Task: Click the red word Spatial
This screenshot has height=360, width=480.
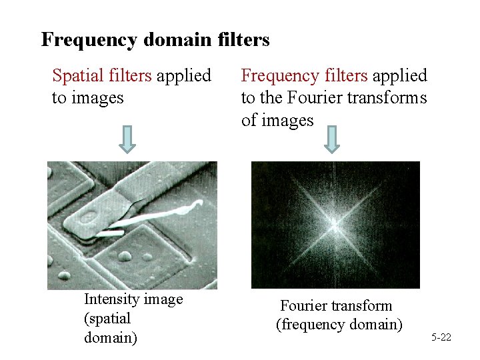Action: point(75,76)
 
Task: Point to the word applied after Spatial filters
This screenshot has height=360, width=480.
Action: point(184,76)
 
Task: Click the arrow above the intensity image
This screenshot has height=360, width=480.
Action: point(129,139)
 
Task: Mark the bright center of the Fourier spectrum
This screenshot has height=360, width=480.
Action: point(335,225)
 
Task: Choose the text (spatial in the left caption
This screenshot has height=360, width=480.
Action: point(107,319)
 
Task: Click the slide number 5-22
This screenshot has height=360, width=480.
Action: point(441,338)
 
